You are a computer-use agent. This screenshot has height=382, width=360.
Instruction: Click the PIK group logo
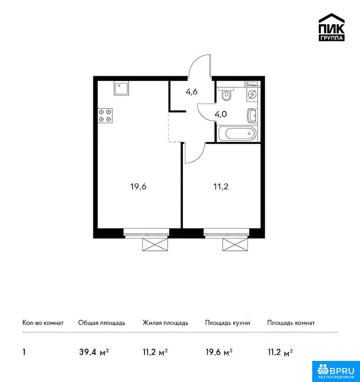331,27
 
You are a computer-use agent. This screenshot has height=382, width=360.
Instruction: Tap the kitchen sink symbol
121,88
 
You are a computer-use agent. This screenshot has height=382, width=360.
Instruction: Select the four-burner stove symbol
105,115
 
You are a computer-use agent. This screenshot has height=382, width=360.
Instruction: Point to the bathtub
237,133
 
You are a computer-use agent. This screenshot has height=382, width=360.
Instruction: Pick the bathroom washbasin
252,116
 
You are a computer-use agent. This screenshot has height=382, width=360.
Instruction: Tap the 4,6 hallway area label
191,92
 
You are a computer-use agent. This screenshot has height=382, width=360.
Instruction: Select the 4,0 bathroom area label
221,114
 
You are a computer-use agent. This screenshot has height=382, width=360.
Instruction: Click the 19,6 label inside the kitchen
138,187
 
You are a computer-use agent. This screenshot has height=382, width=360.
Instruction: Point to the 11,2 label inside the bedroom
221,187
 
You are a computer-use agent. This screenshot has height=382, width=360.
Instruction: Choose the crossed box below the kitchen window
155,244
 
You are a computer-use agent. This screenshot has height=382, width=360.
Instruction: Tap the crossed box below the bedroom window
235,244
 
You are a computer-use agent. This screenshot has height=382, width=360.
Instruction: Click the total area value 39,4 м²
94,352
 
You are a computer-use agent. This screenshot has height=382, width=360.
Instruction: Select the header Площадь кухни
227,323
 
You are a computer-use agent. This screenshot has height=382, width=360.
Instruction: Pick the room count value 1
24,352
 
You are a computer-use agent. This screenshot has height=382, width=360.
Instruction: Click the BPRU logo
336,371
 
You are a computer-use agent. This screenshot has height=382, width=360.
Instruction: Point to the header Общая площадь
102,323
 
